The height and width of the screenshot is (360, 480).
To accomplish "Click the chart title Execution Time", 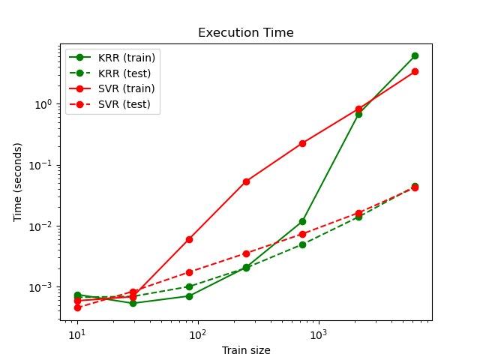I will click(245, 33).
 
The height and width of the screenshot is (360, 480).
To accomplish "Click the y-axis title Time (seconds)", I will click(18, 182).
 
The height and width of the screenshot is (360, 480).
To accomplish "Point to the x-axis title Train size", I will click(245, 350).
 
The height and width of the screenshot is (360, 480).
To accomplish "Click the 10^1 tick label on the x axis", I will click(77, 334).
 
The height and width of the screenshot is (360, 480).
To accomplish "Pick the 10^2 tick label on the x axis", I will click(198, 334).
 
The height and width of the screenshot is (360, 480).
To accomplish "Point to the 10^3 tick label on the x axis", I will click(319, 334).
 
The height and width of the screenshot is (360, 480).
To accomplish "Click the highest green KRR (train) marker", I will click(415, 56).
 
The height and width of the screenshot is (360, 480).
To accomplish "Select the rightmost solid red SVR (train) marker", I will click(415, 72).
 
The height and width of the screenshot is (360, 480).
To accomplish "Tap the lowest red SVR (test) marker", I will click(77, 307).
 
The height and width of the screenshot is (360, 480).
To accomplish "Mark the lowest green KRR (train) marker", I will click(133, 303).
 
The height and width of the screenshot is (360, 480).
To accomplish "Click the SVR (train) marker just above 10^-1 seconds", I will click(302, 143).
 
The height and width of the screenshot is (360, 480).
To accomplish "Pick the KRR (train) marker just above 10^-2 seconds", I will click(302, 221).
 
